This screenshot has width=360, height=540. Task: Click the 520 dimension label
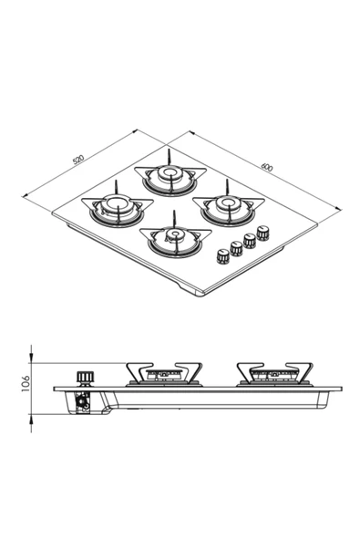pyautogui.click(x=78, y=160)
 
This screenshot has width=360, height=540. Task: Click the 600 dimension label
pyautogui.click(x=266, y=168)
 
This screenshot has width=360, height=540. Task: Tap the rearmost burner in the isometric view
pyautogui.click(x=169, y=174)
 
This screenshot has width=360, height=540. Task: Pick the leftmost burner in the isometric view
pyautogui.click(x=117, y=207)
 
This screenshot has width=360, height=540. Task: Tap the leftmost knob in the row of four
pyautogui.click(x=222, y=255)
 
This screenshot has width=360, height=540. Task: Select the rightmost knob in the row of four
pyautogui.click(x=264, y=232)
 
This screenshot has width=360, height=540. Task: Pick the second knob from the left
pyautogui.click(x=236, y=247)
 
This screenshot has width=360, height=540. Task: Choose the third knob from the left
pyautogui.click(x=250, y=240)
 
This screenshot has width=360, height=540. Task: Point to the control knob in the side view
pyautogui.click(x=86, y=376)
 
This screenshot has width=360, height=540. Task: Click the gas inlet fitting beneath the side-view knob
pyautogui.click(x=85, y=402)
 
